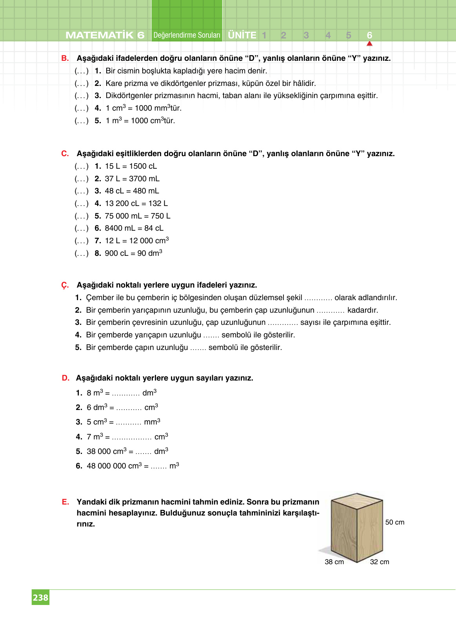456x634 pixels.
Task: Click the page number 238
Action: point(40,598)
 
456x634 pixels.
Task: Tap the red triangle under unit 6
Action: point(369,44)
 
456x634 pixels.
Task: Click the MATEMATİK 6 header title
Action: point(105,35)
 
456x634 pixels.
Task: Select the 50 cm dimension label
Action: point(394,522)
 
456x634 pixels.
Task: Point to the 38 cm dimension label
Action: point(334,562)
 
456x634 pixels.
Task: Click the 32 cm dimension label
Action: point(380,562)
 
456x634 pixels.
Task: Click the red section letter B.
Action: point(65,58)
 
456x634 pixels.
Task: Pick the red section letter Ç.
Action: point(65,285)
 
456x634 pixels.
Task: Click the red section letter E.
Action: point(65,502)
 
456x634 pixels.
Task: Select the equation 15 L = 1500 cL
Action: point(131,166)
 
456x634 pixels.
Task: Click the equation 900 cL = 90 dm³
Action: point(133,253)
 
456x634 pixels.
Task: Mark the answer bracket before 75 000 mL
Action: point(82,216)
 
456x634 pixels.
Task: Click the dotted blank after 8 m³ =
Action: point(125,393)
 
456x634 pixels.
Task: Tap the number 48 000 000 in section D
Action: point(106,466)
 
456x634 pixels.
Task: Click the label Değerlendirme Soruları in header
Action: point(187,35)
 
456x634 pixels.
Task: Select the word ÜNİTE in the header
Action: point(242,35)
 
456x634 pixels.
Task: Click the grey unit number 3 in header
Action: point(306,35)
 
